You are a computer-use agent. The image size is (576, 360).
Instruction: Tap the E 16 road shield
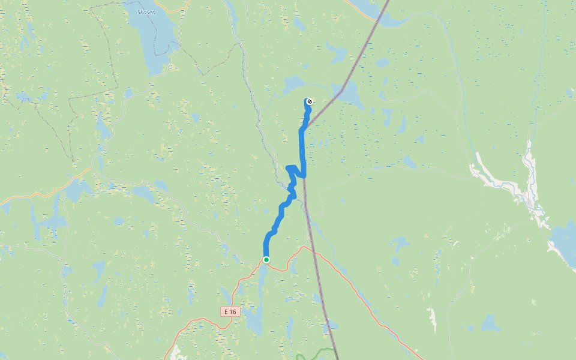pyautogui.click(x=230, y=311)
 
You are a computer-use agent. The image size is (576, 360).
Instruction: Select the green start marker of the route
pyautogui.click(x=266, y=260)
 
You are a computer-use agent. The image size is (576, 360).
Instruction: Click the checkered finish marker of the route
pyautogui.click(x=310, y=101)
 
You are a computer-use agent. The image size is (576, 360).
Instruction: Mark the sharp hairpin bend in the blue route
pyautogui.click(x=289, y=168)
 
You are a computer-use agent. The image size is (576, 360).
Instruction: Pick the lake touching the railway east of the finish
pyautogui.click(x=352, y=95)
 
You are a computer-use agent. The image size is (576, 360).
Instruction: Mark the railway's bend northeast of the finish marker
pyautogui.click(x=340, y=92)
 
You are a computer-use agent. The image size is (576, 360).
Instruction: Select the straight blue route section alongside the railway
pyautogui.click(x=302, y=150)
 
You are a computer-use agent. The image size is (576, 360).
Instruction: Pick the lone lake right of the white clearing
pyautogui.click(x=490, y=324)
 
